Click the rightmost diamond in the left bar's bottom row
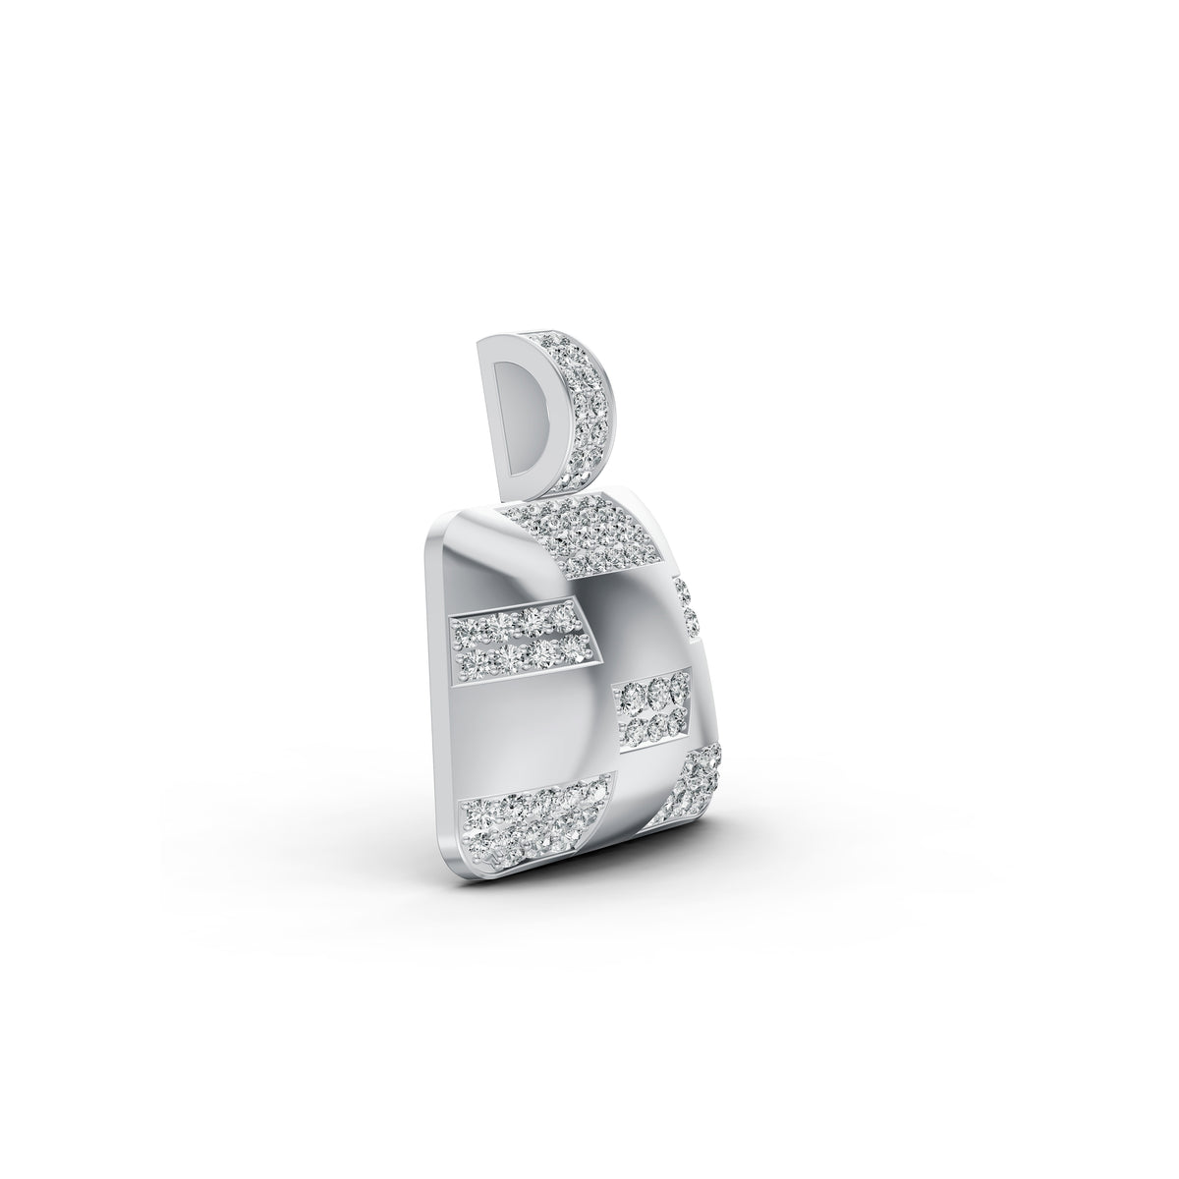pos(567,657)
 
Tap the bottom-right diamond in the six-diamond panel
pos(676,724)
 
